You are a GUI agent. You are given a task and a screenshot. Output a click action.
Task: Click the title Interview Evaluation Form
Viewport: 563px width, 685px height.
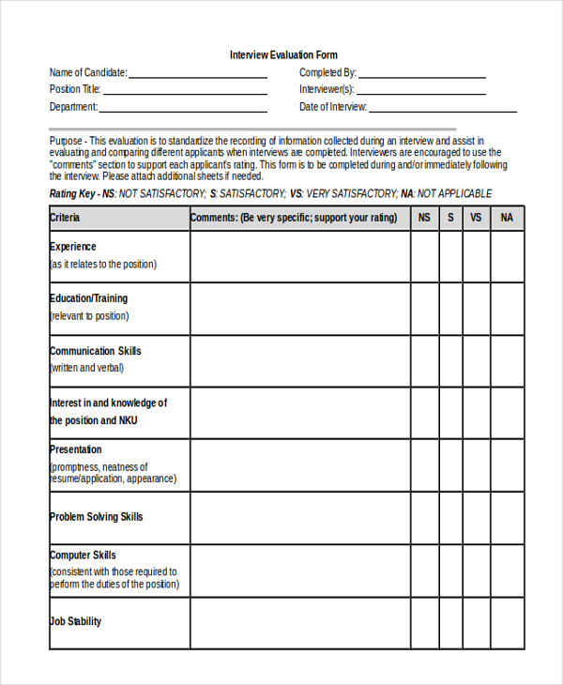click(x=283, y=55)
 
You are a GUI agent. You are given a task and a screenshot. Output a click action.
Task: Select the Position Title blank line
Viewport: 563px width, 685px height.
click(x=185, y=92)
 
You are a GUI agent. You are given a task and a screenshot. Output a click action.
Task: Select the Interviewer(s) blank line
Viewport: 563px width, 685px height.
click(x=420, y=92)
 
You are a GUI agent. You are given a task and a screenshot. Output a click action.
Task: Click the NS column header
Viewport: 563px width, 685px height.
click(x=424, y=218)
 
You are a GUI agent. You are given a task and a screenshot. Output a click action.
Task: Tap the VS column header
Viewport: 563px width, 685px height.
click(x=476, y=218)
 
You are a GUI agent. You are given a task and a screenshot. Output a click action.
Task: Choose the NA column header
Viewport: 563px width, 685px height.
click(x=507, y=218)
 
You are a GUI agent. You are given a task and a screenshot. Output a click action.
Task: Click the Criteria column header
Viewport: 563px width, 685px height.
click(x=65, y=218)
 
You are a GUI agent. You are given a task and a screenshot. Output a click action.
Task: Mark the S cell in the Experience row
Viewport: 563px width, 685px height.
click(x=450, y=256)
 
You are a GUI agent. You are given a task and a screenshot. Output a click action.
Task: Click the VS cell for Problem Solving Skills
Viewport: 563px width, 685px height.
click(x=476, y=518)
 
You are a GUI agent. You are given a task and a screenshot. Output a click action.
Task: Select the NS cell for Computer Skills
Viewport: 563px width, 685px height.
click(x=424, y=571)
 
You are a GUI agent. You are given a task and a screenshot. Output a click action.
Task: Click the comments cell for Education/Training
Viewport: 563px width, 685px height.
click(x=300, y=309)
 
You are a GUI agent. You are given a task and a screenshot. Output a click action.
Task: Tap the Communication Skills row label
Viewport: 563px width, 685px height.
click(x=95, y=351)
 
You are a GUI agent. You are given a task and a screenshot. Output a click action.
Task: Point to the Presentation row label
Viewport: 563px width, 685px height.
click(x=76, y=449)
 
